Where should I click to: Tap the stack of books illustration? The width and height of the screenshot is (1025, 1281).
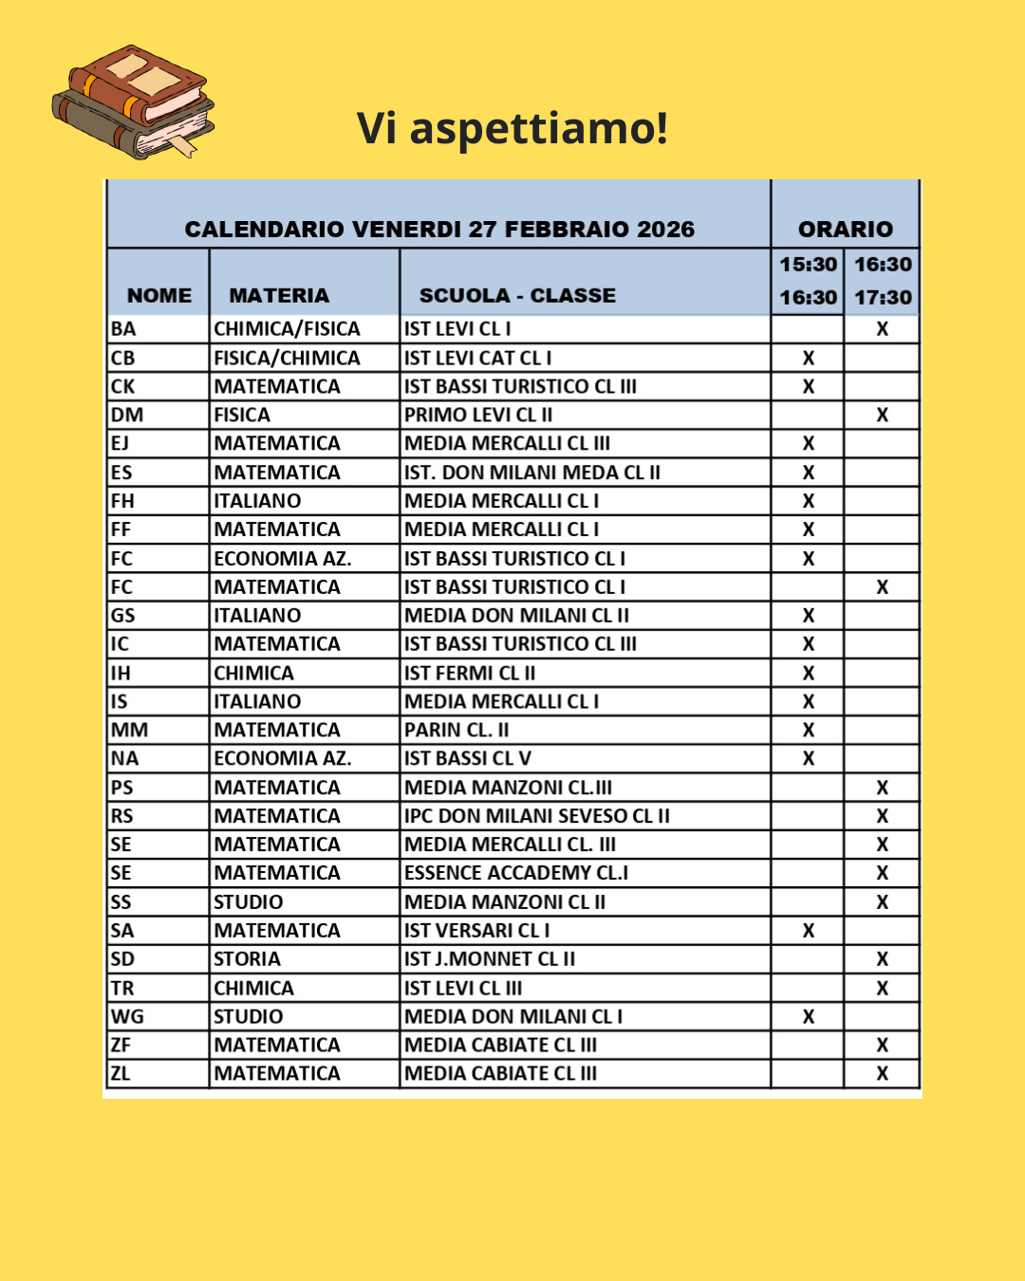click(133, 102)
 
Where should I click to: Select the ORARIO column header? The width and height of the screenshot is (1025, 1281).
click(845, 229)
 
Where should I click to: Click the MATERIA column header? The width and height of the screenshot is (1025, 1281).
click(279, 295)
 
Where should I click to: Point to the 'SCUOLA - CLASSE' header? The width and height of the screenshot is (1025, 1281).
click(517, 295)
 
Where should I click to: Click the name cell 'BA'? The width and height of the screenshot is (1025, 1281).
click(123, 329)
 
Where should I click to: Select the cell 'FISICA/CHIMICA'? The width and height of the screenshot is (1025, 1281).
click(287, 358)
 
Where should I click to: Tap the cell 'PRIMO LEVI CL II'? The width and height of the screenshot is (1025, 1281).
click(478, 415)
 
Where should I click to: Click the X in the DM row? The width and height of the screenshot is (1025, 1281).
click(882, 415)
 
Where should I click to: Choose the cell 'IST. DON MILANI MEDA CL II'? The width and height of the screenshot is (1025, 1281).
click(532, 473)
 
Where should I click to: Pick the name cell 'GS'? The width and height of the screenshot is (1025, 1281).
click(123, 615)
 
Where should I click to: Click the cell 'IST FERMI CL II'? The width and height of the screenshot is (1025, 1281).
click(470, 673)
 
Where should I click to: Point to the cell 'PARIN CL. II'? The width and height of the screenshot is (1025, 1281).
click(457, 730)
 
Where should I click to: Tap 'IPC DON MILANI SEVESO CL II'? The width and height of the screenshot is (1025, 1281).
click(537, 816)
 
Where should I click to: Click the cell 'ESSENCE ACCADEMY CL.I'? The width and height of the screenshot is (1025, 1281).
click(516, 873)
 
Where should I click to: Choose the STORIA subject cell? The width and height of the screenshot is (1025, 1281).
click(248, 959)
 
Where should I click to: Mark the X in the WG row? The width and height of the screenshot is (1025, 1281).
click(808, 1016)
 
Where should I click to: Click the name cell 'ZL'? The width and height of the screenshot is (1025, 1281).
click(121, 1073)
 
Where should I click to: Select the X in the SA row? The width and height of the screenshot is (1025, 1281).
click(808, 931)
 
